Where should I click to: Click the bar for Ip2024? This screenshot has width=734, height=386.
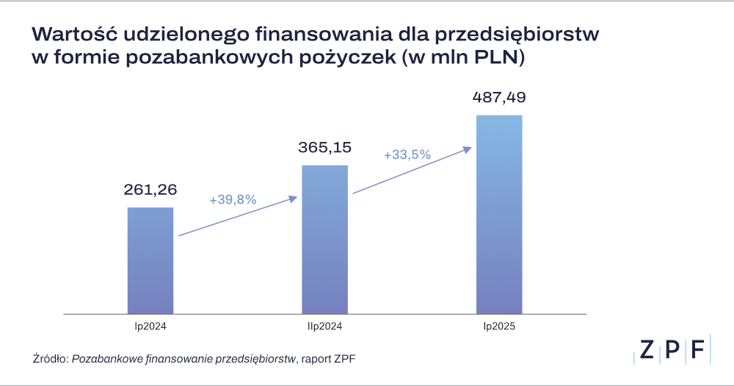tap(150, 260)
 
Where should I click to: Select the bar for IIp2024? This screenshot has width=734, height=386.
tap(324, 239)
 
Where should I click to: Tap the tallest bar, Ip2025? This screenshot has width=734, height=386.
tap(499, 214)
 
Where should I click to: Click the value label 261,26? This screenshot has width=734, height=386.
tap(150, 190)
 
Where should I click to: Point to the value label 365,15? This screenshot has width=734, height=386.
tap(324, 147)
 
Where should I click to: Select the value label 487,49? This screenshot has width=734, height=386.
tap(499, 97)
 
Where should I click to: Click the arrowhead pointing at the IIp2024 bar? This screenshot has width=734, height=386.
tap(293, 198)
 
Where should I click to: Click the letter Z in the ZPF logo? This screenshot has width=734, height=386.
tap(645, 351)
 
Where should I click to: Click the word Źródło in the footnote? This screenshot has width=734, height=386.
tap(50, 359)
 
